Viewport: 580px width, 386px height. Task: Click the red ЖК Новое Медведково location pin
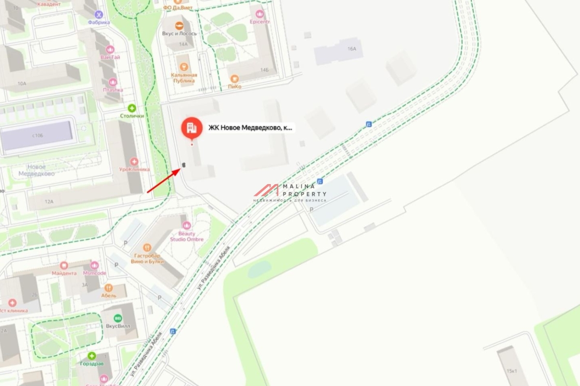(x=192, y=128)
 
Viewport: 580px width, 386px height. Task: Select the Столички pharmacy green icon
(x=131, y=108)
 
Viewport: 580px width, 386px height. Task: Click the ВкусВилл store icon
(x=117, y=318)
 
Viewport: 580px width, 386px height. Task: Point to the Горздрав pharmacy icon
(x=91, y=356)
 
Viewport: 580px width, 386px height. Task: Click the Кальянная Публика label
(x=184, y=78)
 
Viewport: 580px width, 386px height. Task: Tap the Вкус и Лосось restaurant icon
(x=179, y=26)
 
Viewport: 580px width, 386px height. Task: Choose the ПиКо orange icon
(x=234, y=79)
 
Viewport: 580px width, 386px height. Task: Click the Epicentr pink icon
(x=260, y=14)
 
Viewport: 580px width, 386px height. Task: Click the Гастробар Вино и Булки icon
(x=149, y=248)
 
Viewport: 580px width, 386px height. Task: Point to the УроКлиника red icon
(x=134, y=162)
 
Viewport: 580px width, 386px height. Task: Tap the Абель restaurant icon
(x=108, y=288)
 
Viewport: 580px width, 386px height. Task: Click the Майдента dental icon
(x=64, y=265)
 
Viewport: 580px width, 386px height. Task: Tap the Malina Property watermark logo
(x=290, y=192)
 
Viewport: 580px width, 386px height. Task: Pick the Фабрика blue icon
(x=99, y=14)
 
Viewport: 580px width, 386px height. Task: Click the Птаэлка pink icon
(x=113, y=82)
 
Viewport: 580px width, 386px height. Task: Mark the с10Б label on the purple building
(x=38, y=136)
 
